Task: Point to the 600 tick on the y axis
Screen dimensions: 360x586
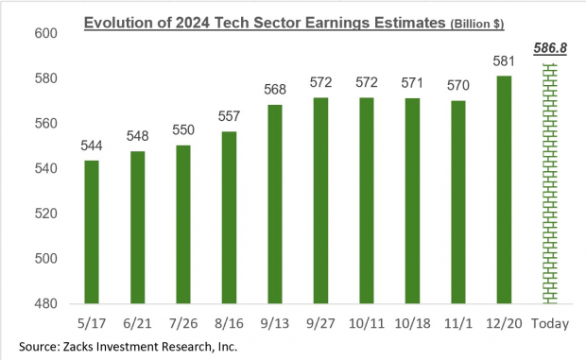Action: tap(46, 33)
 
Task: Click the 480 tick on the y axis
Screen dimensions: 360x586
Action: tap(46, 304)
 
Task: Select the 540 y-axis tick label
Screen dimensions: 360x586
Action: tap(46, 169)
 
